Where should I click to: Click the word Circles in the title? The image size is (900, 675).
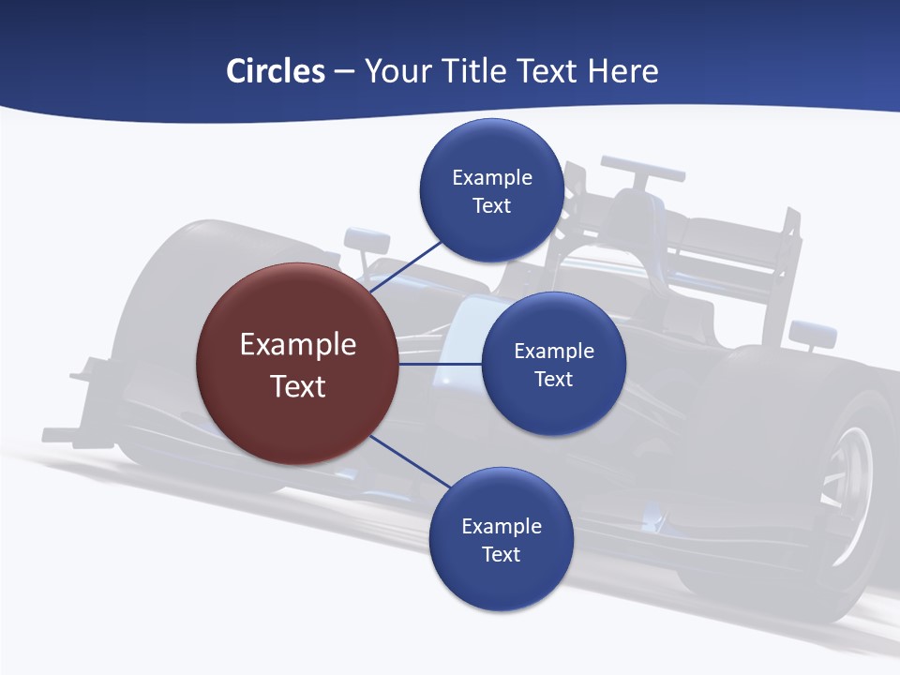click(x=276, y=71)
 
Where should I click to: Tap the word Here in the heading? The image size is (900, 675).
click(x=622, y=71)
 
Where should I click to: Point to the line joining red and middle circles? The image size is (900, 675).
click(x=440, y=364)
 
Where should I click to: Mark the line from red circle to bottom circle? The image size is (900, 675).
click(x=410, y=461)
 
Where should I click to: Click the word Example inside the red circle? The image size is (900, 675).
click(x=298, y=345)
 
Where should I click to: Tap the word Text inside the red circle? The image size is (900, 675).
click(x=298, y=386)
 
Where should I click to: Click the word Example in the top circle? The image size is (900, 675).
click(x=492, y=178)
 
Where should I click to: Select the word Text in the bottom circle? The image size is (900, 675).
click(x=501, y=555)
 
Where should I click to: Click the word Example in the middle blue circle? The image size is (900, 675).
click(x=554, y=352)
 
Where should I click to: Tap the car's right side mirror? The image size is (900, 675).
click(x=812, y=332)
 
